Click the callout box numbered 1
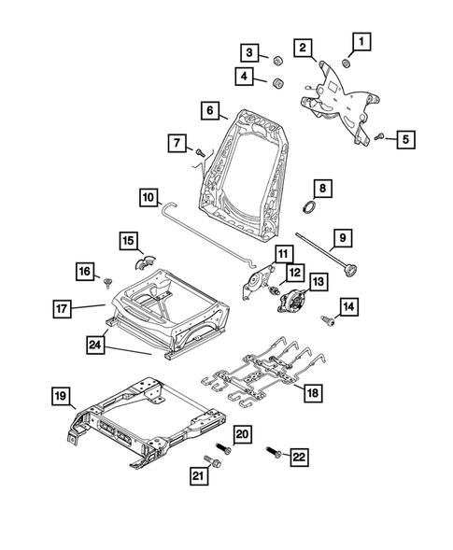click(361, 41)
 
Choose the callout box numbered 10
click(148, 198)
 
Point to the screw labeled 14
click(330, 319)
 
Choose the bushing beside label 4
click(277, 86)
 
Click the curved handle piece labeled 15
click(145, 260)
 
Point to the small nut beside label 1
click(346, 63)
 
